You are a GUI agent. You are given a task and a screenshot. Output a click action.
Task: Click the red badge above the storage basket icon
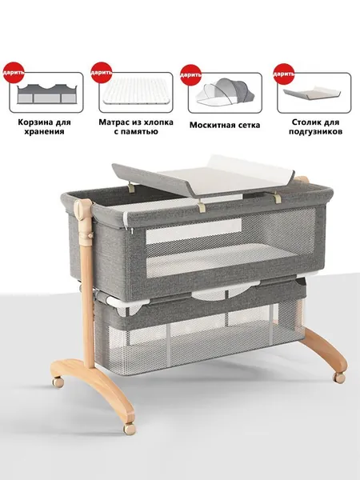point(14,73)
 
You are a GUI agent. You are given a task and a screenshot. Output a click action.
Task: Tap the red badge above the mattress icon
point(102,73)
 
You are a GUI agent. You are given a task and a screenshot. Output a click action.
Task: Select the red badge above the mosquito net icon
point(190,74)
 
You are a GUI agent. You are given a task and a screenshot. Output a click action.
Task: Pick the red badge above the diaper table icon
point(284,74)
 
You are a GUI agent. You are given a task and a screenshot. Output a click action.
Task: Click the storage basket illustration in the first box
point(47,94)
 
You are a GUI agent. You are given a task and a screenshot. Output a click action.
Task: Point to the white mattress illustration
point(136,91)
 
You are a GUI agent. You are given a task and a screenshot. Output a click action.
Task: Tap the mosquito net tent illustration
point(225,92)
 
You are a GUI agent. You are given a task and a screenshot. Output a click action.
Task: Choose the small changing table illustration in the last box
point(312,94)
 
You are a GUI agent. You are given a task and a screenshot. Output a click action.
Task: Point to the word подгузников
point(315,132)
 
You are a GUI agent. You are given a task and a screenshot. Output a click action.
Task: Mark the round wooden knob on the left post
point(79,210)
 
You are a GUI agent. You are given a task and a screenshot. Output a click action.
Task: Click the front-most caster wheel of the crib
point(130,429)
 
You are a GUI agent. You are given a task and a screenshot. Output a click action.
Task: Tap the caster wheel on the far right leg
point(339,378)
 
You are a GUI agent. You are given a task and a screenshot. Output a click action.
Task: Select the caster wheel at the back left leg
point(58,382)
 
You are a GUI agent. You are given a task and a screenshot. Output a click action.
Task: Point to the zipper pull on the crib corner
point(132,230)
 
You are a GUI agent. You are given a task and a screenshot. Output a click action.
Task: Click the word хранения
point(44,132)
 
